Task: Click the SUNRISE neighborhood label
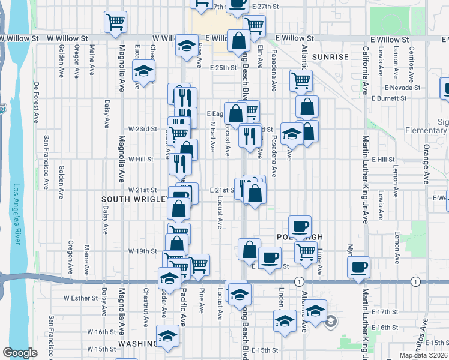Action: tap(330, 56)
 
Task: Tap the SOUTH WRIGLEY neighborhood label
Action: tap(132, 199)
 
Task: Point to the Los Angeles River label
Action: tap(17, 214)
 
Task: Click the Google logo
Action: tap(19, 353)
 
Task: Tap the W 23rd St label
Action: tap(142, 128)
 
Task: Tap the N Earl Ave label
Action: tap(212, 136)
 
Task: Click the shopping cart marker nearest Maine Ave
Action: tap(115, 22)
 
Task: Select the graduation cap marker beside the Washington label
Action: tap(167, 335)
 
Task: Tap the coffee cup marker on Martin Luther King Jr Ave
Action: tap(358, 267)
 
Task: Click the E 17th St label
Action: tap(385, 313)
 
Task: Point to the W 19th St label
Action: tap(142, 251)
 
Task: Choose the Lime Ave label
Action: tap(320, 262)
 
